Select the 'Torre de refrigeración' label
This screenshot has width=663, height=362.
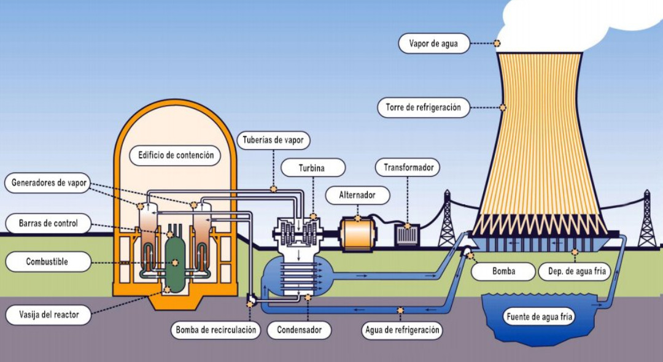[x=423, y=107]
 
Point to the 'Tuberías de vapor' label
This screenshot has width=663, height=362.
[x=273, y=140]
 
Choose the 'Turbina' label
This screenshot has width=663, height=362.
[x=312, y=168]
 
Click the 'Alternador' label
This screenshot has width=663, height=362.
[x=357, y=196]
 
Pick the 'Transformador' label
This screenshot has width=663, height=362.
[x=408, y=167]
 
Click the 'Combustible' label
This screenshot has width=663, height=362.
[x=47, y=262]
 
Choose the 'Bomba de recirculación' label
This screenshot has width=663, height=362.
[x=215, y=330]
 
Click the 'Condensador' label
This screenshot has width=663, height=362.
[x=300, y=330]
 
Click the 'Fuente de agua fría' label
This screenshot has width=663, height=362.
[x=540, y=317]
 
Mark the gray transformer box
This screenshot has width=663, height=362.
[x=407, y=235]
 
